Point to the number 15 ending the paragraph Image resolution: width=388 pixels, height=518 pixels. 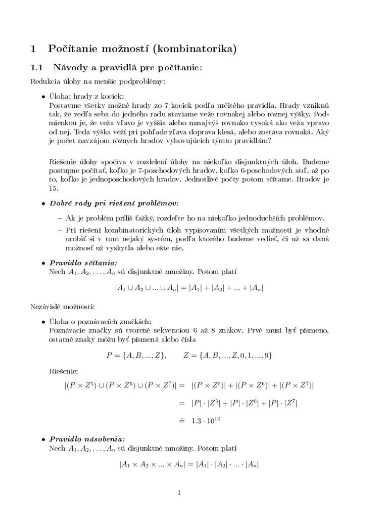(x=54, y=189)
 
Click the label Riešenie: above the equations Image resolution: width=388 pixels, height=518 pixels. (x=64, y=370)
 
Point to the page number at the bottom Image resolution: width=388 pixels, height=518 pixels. (x=193, y=493)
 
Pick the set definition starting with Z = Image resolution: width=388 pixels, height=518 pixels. (x=228, y=355)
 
